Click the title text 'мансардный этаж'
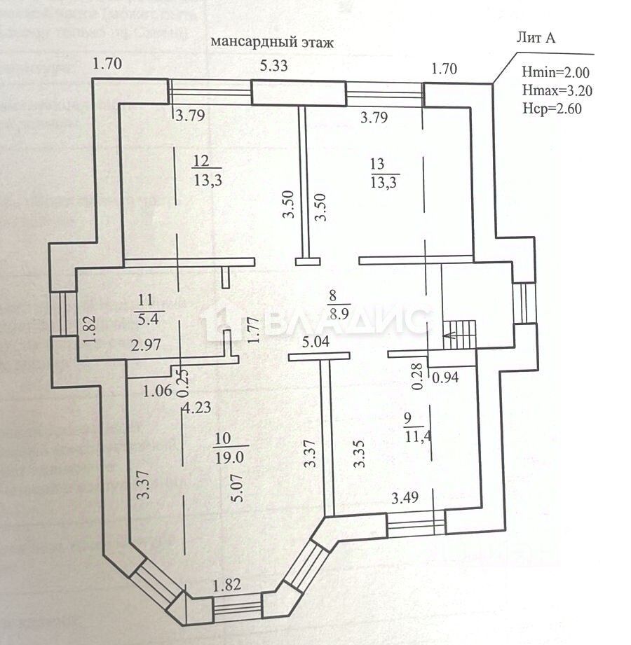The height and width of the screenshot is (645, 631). click(271, 42)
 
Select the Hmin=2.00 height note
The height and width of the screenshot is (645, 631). click(556, 72)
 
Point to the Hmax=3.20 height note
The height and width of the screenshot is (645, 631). click(557, 90)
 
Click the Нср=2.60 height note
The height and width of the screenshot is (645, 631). click(552, 108)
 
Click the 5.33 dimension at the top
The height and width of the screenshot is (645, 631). click(273, 67)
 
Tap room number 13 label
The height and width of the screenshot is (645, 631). click(377, 165)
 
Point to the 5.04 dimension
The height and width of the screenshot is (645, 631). click(315, 343)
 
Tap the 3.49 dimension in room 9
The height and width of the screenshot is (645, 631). click(405, 499)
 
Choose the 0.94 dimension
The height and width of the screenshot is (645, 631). click(445, 378)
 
